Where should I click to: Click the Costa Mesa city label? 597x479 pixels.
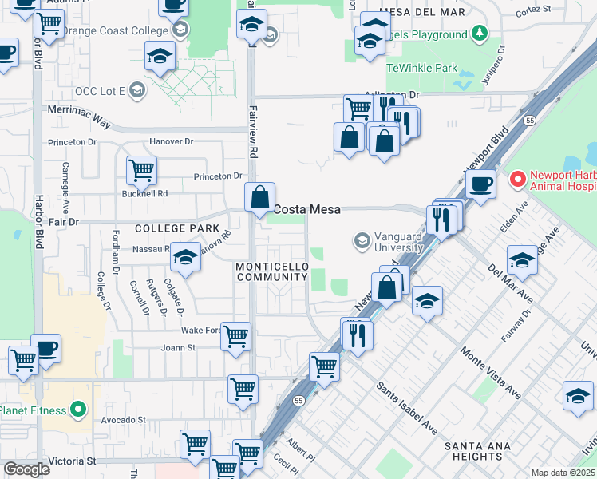[x=307, y=209]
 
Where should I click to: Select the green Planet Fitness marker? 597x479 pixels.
[x=77, y=411]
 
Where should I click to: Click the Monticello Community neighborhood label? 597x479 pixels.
[x=271, y=271]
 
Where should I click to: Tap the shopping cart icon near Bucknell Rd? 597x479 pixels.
[x=141, y=169]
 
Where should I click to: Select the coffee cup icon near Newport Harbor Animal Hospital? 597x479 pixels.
[x=481, y=184]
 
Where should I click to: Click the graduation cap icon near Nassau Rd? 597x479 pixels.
[x=185, y=258]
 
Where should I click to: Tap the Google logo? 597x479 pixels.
[x=26, y=469]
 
